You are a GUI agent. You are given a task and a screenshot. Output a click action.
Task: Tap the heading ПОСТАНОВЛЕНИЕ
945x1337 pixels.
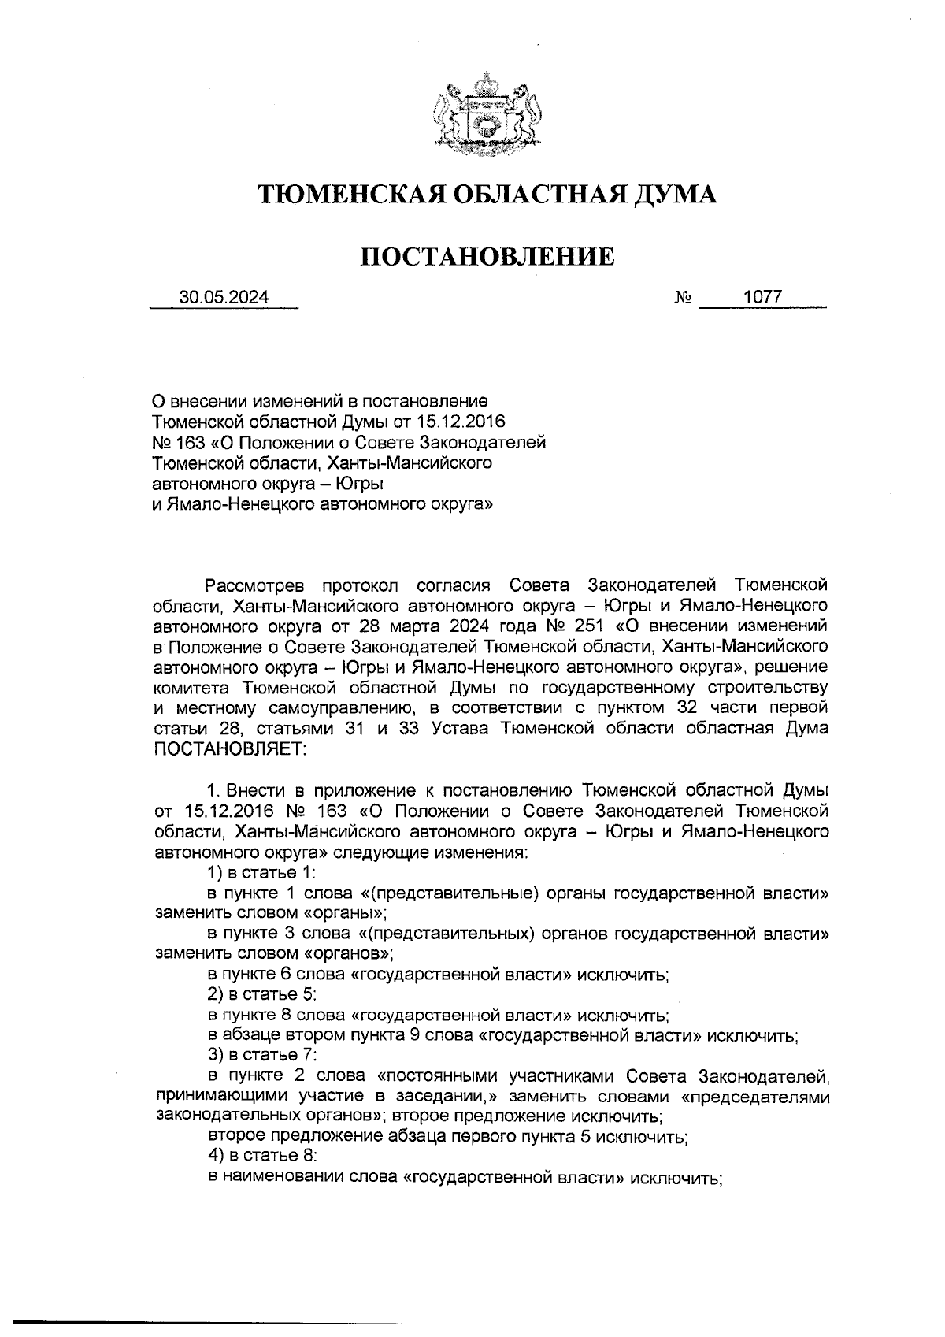tap(487, 256)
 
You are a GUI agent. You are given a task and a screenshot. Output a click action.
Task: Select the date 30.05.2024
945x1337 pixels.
tap(224, 297)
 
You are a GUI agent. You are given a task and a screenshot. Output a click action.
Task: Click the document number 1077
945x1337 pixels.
tap(762, 297)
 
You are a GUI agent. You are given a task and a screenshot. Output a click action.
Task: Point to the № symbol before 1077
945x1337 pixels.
tap(682, 298)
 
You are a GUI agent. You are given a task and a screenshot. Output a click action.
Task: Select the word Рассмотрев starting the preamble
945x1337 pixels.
tap(253, 585)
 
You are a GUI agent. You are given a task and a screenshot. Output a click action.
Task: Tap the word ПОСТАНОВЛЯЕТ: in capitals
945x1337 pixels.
tap(232, 748)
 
